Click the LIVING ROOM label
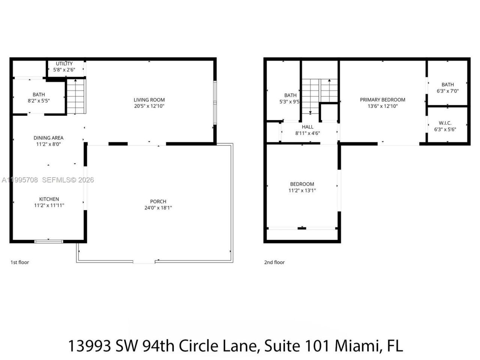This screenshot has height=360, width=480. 149,100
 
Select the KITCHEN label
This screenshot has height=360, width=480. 49,199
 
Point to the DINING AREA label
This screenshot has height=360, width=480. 48,138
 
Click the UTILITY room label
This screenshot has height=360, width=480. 64,63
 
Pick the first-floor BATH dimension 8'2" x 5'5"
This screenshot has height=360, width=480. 39,101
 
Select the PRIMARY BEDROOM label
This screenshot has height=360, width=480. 382,100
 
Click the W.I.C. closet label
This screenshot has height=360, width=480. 445,123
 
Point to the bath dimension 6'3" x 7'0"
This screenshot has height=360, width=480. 447,91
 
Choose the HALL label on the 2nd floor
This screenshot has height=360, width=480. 307,127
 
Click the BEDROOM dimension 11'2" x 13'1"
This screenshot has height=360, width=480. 302,190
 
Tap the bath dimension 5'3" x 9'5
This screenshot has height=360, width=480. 291,102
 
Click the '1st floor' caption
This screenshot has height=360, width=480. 19,262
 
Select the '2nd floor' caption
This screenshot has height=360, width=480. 274,262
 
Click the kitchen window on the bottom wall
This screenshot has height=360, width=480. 48,241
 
